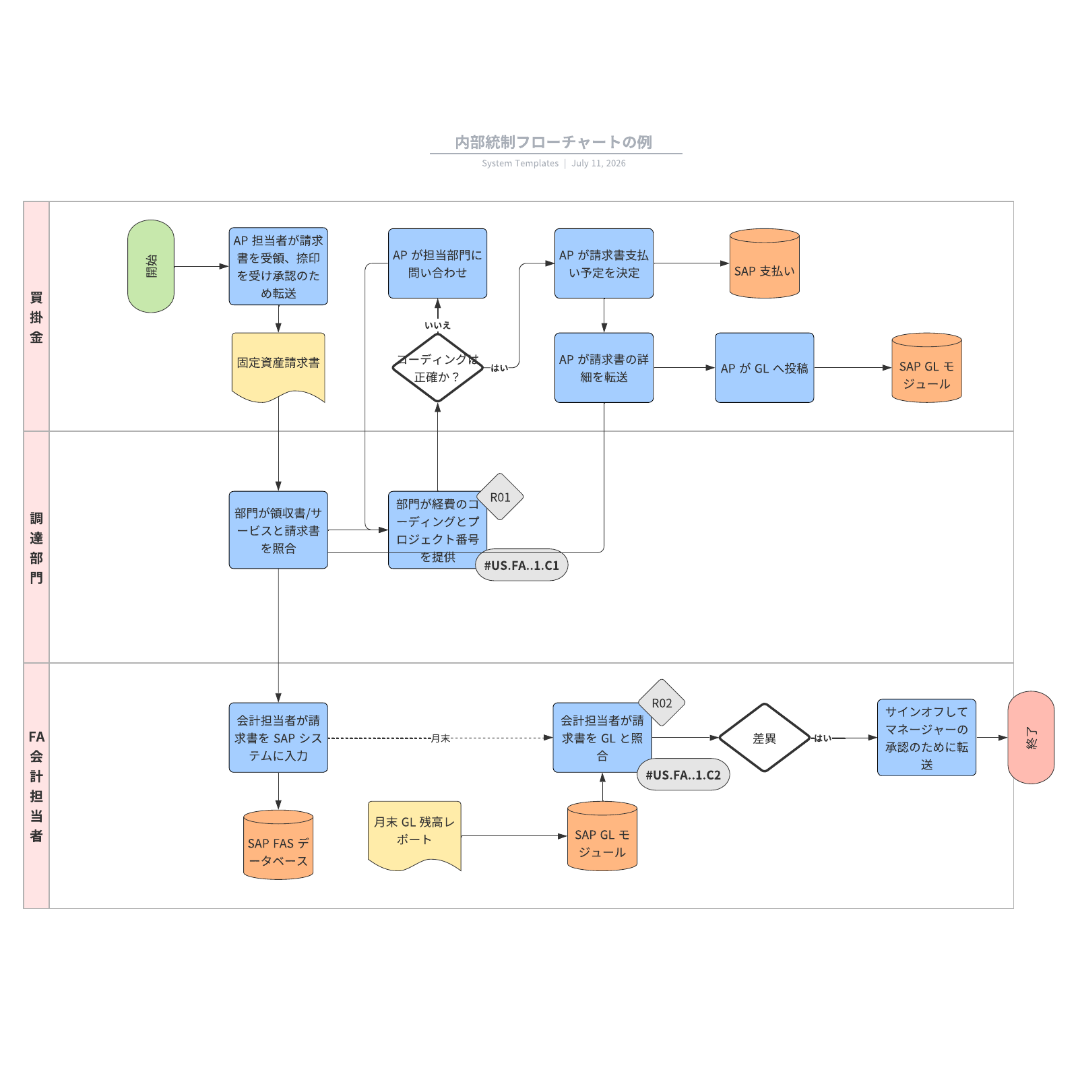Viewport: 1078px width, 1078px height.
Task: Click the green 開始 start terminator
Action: [x=151, y=266]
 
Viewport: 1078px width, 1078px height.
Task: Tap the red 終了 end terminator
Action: [x=1031, y=737]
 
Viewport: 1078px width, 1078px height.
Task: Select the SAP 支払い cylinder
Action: [x=765, y=263]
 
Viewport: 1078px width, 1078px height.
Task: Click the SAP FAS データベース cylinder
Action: [x=278, y=845]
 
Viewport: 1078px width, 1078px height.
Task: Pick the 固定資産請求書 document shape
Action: [x=278, y=367]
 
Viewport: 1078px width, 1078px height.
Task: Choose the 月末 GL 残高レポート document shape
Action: [x=414, y=835]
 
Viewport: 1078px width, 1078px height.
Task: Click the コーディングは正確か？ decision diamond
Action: [x=438, y=368]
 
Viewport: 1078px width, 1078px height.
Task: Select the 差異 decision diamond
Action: [x=765, y=738]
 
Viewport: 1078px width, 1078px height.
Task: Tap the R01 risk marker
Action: [x=500, y=497]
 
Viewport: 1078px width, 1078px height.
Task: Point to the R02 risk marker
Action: [x=662, y=703]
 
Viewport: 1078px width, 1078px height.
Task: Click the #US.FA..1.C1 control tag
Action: [x=521, y=565]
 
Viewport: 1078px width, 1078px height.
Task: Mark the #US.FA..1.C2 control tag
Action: [x=683, y=775]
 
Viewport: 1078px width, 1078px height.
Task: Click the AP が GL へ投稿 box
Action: [x=765, y=368]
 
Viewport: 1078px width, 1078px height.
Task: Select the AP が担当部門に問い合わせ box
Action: [x=438, y=263]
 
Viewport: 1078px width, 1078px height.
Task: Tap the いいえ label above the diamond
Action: [x=438, y=325]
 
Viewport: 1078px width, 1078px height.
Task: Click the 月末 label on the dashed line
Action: [x=441, y=738]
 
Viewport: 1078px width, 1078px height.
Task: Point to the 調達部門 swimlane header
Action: [x=36, y=547]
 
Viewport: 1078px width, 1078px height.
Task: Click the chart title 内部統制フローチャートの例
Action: [x=554, y=142]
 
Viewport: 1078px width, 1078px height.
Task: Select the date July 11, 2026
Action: [x=599, y=163]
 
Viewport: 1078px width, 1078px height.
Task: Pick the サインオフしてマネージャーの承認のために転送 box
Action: [x=927, y=738]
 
